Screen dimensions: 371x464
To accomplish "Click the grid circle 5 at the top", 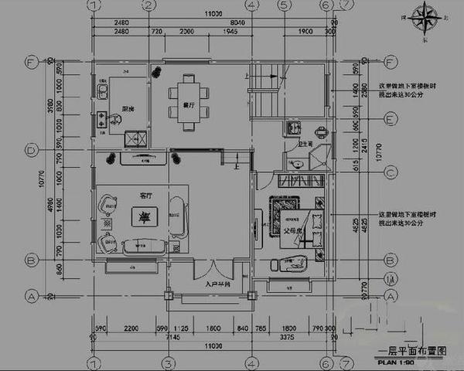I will pos(285,6).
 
